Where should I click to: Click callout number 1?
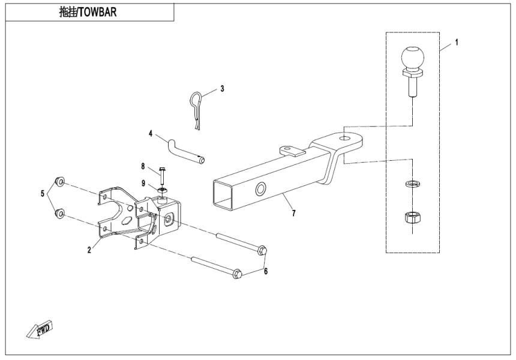pyautogui.click(x=457, y=43)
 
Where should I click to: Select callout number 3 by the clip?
pyautogui.click(x=222, y=89)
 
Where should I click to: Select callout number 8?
pyautogui.click(x=143, y=166)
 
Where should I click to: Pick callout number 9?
pyautogui.click(x=143, y=183)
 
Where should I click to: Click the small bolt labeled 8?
pyautogui.click(x=163, y=176)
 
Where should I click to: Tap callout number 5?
pyautogui.click(x=42, y=193)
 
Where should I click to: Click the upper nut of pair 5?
pyautogui.click(x=60, y=181)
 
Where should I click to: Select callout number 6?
pyautogui.click(x=266, y=272)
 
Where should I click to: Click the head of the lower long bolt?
pyautogui.click(x=236, y=274)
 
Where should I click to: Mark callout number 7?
pyautogui.click(x=294, y=213)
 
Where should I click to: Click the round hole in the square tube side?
pyautogui.click(x=262, y=190)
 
